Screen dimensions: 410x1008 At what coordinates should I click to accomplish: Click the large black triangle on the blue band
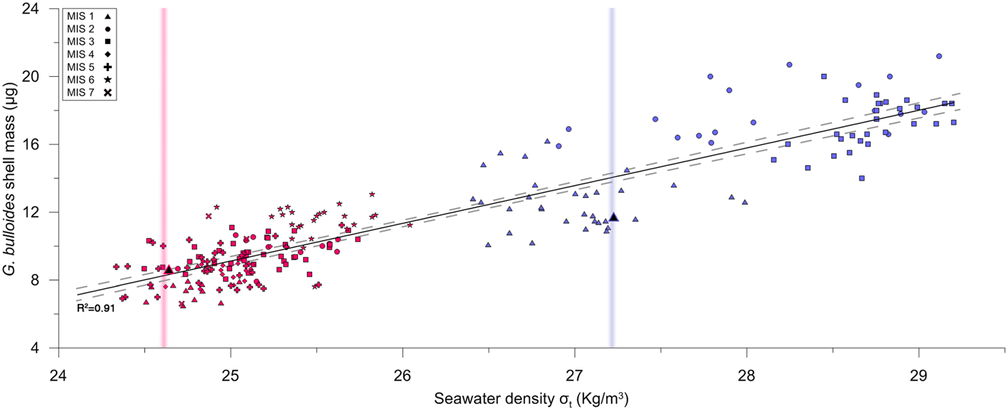coord(614,217)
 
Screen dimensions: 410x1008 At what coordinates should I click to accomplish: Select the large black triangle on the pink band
coord(169,269)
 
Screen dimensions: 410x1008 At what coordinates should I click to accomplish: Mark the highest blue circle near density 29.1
coord(939,56)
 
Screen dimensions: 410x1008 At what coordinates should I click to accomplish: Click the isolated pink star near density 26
coord(410,225)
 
